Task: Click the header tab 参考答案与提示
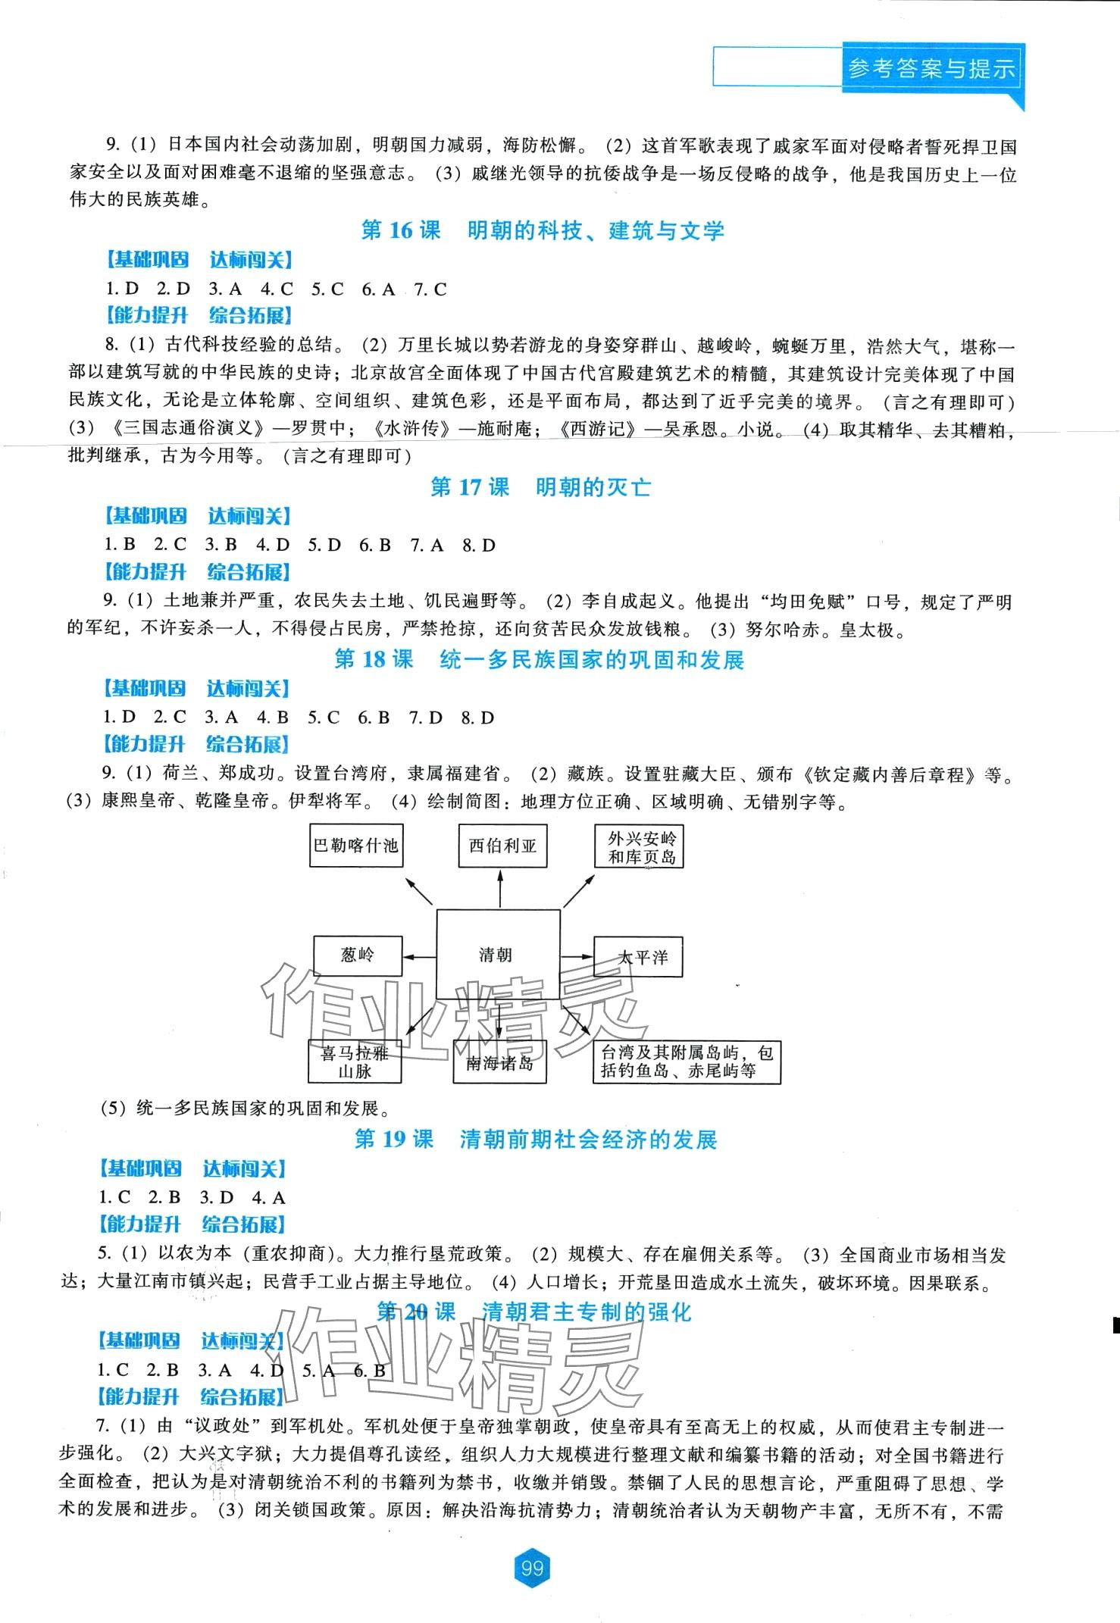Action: click(x=931, y=70)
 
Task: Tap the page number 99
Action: click(x=532, y=1568)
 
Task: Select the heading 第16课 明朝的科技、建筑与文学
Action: click(x=543, y=230)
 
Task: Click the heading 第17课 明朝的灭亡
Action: click(x=540, y=487)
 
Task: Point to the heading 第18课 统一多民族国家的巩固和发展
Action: click(x=540, y=660)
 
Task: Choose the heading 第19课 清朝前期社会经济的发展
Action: click(x=535, y=1140)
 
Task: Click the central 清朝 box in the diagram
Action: click(x=498, y=955)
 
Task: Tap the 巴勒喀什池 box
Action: click(x=357, y=846)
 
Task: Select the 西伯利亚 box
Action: click(x=502, y=846)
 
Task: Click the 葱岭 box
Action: click(x=358, y=955)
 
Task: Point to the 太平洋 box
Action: click(x=638, y=956)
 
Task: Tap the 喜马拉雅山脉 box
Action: click(x=355, y=1062)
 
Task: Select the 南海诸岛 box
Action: click(x=499, y=1063)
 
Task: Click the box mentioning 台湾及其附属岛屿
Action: click(x=685, y=1062)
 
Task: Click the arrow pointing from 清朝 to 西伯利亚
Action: click(x=500, y=888)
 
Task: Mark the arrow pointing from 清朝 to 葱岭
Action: click(x=419, y=955)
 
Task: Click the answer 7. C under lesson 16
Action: click(x=430, y=289)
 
